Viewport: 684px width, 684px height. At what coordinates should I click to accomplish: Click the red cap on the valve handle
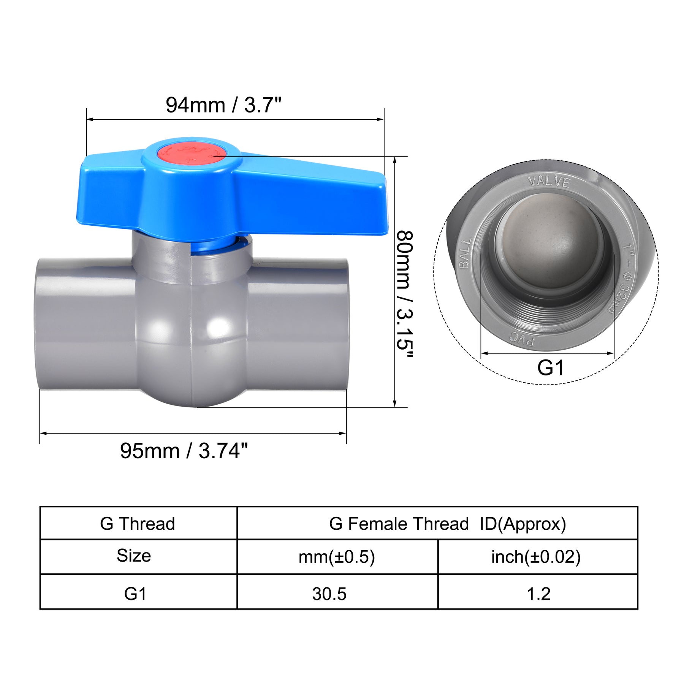tap(192, 155)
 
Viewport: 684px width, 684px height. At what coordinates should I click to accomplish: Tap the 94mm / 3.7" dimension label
tap(223, 105)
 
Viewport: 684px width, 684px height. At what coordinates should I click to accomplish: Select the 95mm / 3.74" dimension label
tap(184, 451)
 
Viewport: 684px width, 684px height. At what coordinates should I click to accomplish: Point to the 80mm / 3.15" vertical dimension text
tap(404, 294)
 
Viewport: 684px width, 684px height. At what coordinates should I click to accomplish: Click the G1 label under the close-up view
tap(551, 367)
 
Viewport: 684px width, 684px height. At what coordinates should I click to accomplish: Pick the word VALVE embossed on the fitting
tap(549, 182)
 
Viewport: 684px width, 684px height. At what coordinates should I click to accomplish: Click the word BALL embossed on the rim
tap(465, 253)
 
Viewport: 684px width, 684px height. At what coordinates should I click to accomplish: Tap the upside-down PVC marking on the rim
tap(522, 338)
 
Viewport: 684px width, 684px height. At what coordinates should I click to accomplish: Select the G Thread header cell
tap(138, 524)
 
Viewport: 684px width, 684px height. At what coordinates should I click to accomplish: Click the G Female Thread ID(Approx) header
tap(448, 524)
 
